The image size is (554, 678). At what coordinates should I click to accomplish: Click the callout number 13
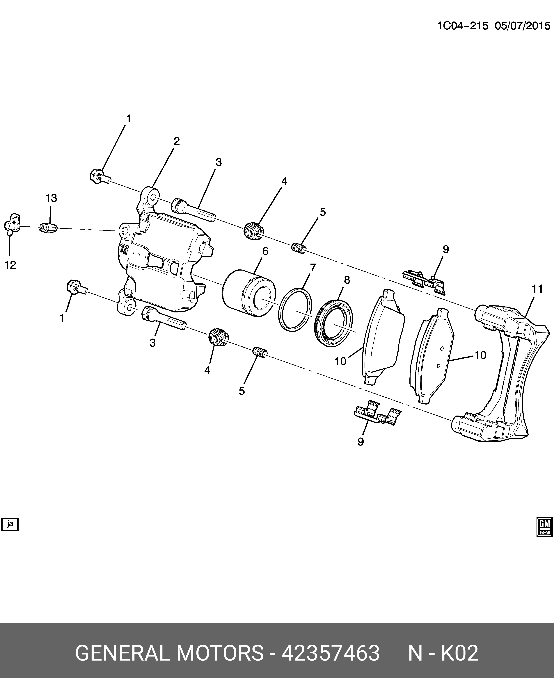pyautogui.click(x=51, y=198)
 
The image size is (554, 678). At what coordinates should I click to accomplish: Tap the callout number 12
pyautogui.click(x=10, y=265)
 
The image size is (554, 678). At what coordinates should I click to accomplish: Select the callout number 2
pyautogui.click(x=176, y=141)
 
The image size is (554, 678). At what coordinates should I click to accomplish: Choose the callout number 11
pyautogui.click(x=537, y=289)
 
